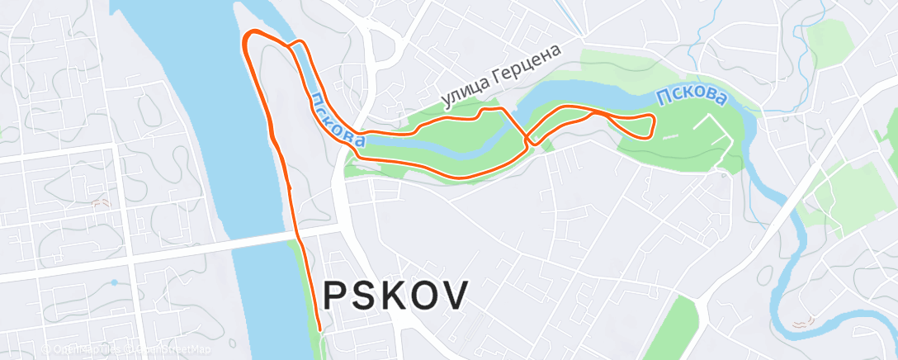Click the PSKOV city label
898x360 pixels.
pyautogui.click(x=395, y=295)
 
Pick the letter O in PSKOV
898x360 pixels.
pyautogui.click(x=424, y=295)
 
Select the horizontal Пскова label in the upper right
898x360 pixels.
pyautogui.click(x=692, y=97)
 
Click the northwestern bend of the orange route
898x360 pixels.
pyautogui.click(x=248, y=37)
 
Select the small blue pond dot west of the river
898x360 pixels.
pyautogui.click(x=113, y=282)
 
